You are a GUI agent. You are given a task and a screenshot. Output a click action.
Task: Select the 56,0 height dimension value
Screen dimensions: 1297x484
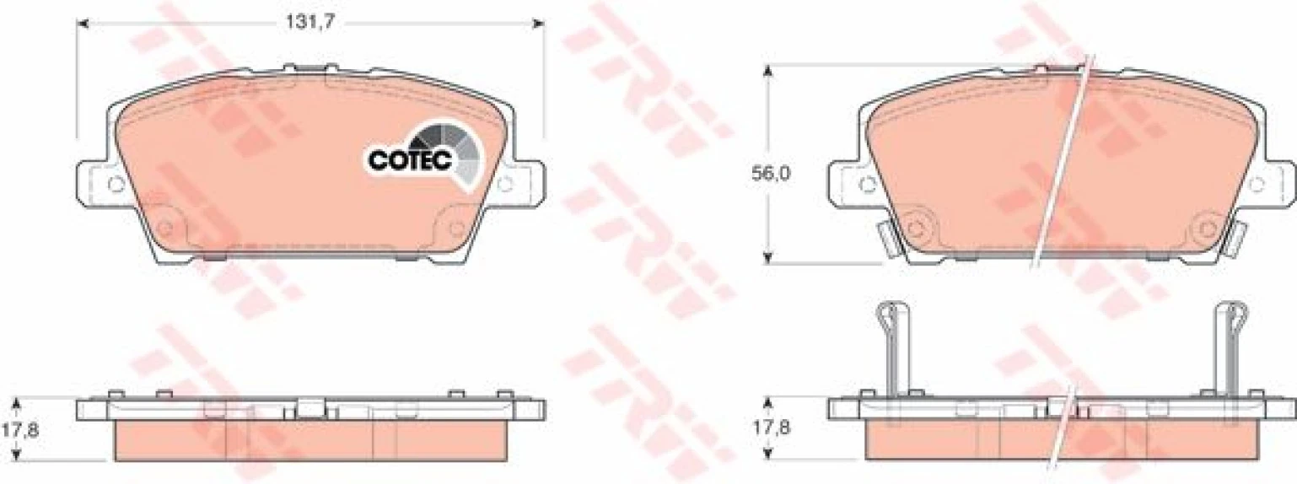pyautogui.click(x=771, y=173)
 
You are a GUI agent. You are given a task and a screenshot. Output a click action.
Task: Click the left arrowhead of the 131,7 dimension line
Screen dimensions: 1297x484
pyautogui.click(x=83, y=24)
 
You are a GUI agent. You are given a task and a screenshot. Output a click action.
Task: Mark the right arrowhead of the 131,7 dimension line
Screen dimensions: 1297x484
pyautogui.click(x=539, y=24)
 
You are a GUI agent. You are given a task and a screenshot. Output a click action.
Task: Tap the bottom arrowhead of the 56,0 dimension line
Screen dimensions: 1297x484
pyautogui.click(x=767, y=256)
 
